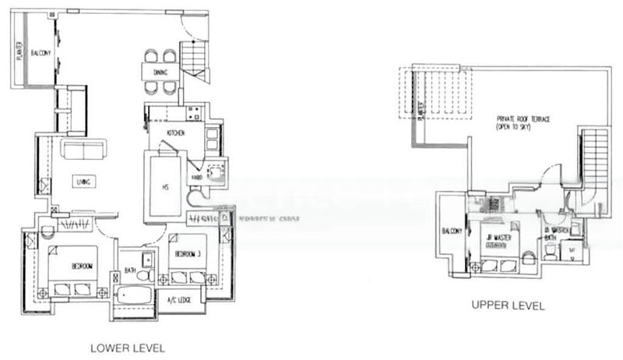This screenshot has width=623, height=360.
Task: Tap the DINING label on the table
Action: pyautogui.click(x=160, y=72)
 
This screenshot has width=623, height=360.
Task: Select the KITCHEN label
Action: pyautogui.click(x=175, y=134)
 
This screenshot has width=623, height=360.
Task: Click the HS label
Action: pyautogui.click(x=165, y=187)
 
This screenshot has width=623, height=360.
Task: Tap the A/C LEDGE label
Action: pyautogui.click(x=179, y=298)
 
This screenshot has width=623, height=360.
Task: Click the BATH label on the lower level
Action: pyautogui.click(x=129, y=270)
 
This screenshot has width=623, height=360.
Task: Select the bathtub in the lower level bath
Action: pyautogui.click(x=135, y=297)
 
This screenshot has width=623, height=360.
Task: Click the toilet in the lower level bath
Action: pyautogui.click(x=143, y=274)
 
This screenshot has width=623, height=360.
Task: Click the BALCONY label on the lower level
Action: pyautogui.click(x=40, y=53)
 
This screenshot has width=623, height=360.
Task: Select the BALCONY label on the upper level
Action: pyautogui.click(x=452, y=231)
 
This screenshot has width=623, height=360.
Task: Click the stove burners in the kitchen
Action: pyautogui.click(x=209, y=141)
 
